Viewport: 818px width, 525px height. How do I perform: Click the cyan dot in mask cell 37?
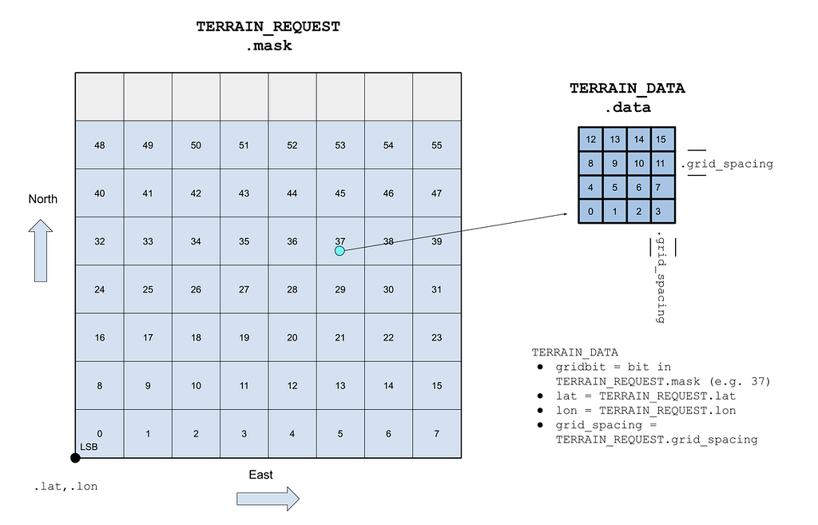[340, 251]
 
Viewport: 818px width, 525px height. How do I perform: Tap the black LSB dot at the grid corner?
[75, 458]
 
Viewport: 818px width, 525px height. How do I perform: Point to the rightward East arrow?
[268, 499]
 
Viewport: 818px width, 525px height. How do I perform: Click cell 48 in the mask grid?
[100, 145]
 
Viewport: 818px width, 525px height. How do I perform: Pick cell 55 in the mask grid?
[436, 145]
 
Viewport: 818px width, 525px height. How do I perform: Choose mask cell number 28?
[292, 289]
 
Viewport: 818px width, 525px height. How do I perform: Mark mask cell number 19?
[244, 337]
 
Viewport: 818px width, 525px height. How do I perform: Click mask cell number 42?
[196, 193]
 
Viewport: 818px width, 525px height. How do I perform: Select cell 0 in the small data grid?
[591, 212]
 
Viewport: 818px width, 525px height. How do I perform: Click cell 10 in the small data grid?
[639, 164]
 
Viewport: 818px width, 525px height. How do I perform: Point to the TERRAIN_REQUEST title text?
[268, 27]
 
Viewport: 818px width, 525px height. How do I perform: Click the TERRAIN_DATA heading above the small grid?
[627, 89]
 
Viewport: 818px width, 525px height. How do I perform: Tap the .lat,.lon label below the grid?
[66, 486]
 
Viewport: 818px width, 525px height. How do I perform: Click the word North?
[43, 199]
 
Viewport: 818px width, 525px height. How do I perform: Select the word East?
[260, 475]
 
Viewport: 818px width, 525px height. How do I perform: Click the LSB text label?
[88, 447]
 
